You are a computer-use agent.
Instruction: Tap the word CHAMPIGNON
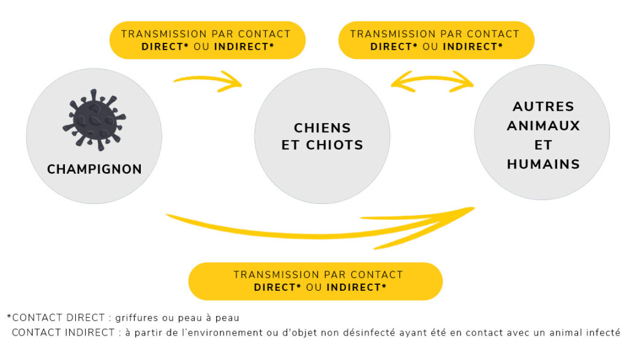tap(94, 169)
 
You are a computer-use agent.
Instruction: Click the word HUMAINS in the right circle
tap(543, 164)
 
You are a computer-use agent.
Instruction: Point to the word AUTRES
tap(543, 107)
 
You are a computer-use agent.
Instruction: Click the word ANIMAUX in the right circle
tap(543, 126)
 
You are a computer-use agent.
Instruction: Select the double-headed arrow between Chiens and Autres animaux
tap(432, 80)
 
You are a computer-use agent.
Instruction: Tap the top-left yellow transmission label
tap(207, 40)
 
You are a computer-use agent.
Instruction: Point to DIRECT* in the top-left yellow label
tap(165, 47)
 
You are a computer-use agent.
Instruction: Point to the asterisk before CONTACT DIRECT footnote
tap(9, 318)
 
